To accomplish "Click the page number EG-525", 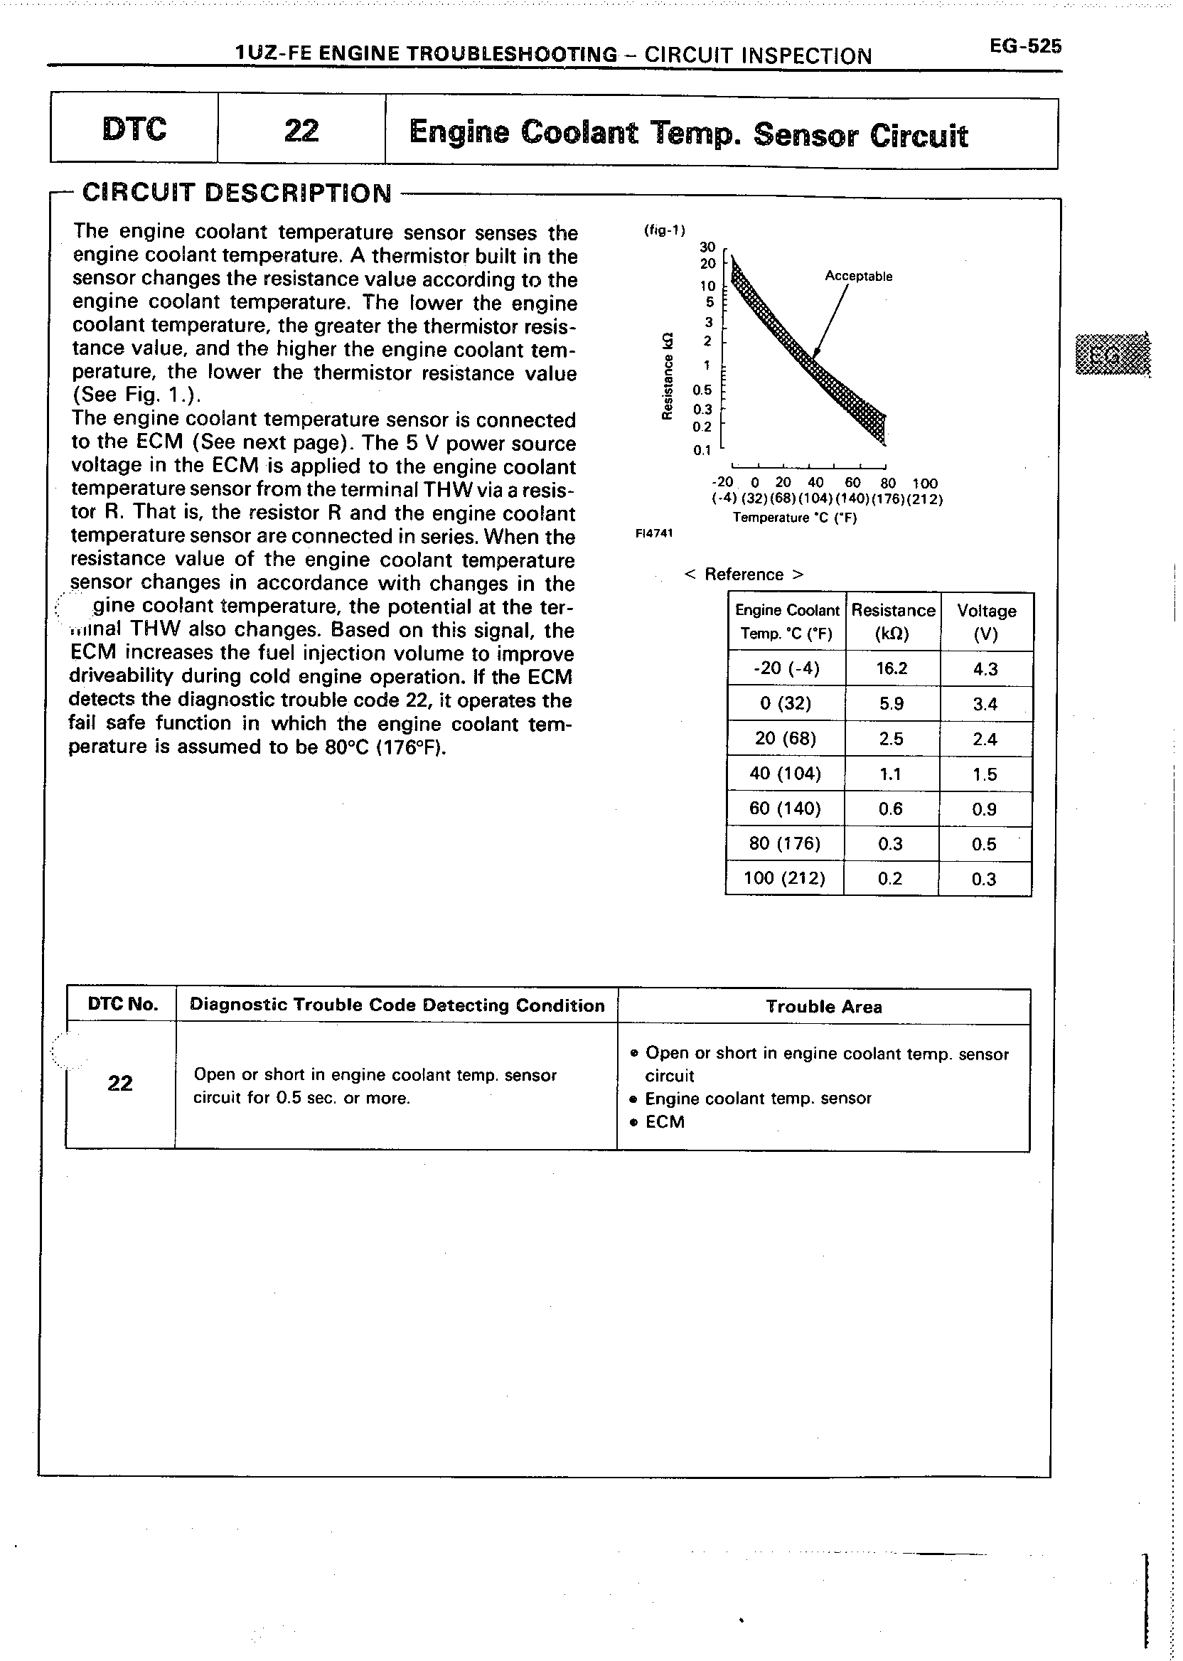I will [x=1025, y=47].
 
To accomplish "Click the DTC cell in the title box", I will [x=135, y=129].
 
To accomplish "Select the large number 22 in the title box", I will [x=301, y=130].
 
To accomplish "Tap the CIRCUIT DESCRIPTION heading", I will [x=237, y=193].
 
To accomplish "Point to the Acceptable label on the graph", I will [x=858, y=276].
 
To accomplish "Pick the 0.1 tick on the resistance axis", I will [x=702, y=450].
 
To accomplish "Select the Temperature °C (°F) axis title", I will [x=794, y=518].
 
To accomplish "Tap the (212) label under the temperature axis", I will [x=926, y=500].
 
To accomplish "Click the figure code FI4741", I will [x=655, y=533].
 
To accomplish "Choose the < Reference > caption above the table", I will [x=744, y=574].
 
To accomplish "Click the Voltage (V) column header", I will [x=985, y=621].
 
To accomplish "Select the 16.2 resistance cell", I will [x=892, y=669].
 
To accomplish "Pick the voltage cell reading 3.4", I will [x=985, y=705].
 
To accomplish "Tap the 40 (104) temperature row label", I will [x=785, y=774].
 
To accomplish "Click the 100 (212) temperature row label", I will [x=784, y=879].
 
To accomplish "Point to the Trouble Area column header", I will [x=823, y=1007].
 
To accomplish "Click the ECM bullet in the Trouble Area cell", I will [x=664, y=1122].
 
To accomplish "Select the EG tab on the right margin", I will [x=1113, y=355].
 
